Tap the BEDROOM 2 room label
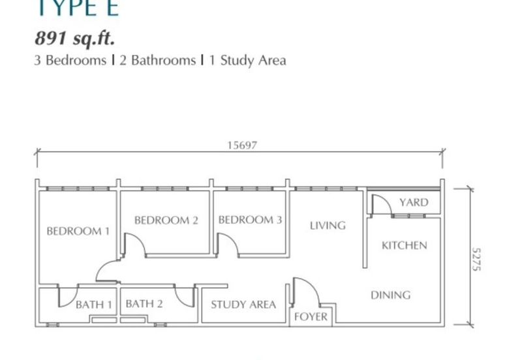166,220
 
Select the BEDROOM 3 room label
250,220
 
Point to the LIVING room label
328,226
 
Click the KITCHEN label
405,246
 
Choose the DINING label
391,295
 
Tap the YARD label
414,202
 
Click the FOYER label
311,317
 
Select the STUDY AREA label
243,305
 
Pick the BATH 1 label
94,305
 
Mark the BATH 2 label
144,304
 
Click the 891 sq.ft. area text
74,38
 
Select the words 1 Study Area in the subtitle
247,61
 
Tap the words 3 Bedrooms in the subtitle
70,61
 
